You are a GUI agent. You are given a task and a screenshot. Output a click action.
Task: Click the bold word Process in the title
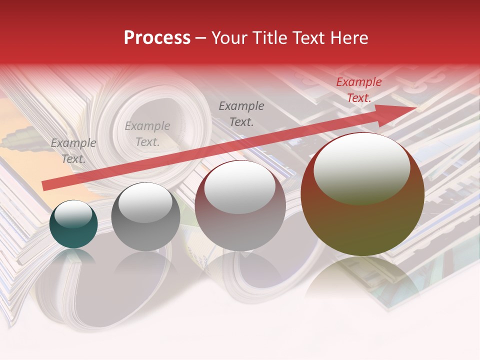(157, 38)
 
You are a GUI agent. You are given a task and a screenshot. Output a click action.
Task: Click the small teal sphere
(73, 224)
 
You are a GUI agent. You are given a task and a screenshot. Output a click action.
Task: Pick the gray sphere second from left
(145, 216)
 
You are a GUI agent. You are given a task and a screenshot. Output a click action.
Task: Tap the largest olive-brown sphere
(362, 195)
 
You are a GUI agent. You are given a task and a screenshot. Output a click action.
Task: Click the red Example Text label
(358, 90)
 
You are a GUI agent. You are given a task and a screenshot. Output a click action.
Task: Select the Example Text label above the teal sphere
(73, 151)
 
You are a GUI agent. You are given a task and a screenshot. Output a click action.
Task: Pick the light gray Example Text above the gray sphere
(147, 134)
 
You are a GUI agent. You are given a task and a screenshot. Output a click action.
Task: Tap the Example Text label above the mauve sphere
(241, 114)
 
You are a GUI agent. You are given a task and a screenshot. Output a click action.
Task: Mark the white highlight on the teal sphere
(73, 214)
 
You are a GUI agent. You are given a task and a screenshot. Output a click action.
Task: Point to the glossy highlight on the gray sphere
(145, 202)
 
